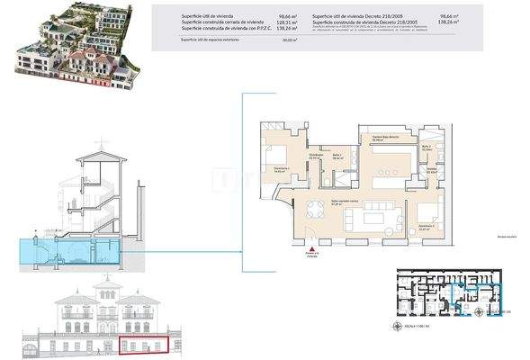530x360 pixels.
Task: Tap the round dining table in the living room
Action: tap(317, 211)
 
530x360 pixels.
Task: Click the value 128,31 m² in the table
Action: tap(287, 22)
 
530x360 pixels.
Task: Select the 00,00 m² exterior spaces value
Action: tap(290, 40)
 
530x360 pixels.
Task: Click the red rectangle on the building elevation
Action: tap(144, 345)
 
